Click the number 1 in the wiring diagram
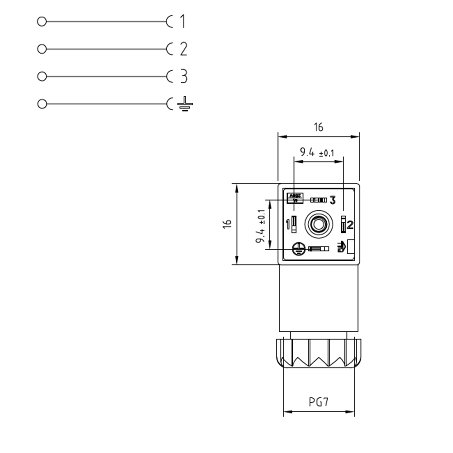pyautogui.click(x=182, y=21)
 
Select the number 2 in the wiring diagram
pyautogui.click(x=184, y=49)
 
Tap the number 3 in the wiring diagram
pyautogui.click(x=184, y=76)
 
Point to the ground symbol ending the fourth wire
pyautogui.click(x=185, y=104)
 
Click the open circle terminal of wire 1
pyautogui.click(x=42, y=22)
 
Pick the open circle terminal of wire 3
pyautogui.click(x=42, y=76)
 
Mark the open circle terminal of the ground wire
pyautogui.click(x=42, y=104)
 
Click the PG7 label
pyautogui.click(x=318, y=402)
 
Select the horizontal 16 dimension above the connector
pyautogui.click(x=318, y=127)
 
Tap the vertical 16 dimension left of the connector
pyautogui.click(x=227, y=224)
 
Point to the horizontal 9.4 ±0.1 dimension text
pyautogui.click(x=317, y=152)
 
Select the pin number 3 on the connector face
pyautogui.click(x=333, y=200)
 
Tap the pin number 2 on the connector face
pyautogui.click(x=350, y=225)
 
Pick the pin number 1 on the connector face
pyautogui.click(x=288, y=224)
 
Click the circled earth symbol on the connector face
pyautogui.click(x=299, y=249)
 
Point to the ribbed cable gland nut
pyautogui.click(x=318, y=353)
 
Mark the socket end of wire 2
pyautogui.click(x=169, y=49)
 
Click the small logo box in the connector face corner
pyautogui.click(x=295, y=198)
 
